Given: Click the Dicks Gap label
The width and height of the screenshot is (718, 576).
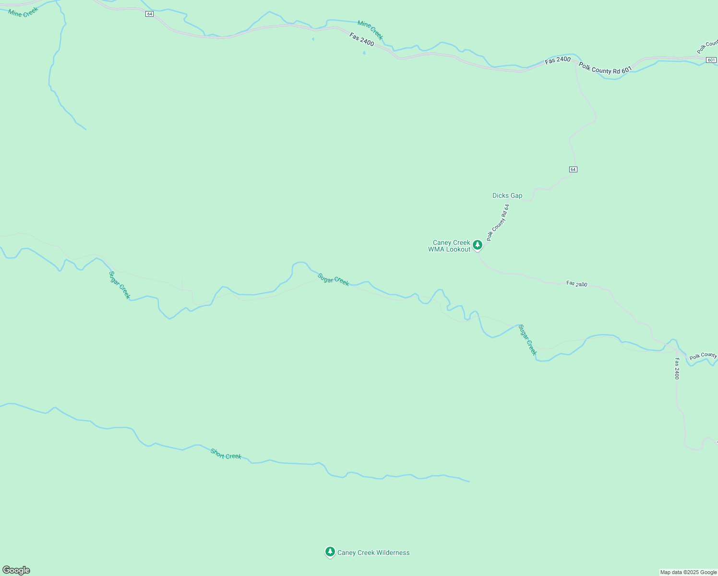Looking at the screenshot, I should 507,195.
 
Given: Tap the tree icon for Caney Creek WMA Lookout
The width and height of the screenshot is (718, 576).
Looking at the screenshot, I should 477,245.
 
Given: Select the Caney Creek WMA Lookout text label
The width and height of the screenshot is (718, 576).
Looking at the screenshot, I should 450,246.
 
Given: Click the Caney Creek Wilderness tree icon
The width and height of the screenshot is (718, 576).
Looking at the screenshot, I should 330,552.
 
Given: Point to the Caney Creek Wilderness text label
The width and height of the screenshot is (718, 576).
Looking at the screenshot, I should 373,552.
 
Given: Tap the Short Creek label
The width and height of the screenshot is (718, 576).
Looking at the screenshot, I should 226,454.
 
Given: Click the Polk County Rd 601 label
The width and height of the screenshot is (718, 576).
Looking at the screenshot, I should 605,68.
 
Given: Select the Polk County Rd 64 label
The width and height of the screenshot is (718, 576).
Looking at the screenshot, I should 498,222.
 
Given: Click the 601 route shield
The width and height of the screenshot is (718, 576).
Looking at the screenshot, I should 711,60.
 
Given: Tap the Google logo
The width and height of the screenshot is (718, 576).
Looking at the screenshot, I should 16,570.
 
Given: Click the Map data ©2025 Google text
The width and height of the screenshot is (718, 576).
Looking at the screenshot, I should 688,572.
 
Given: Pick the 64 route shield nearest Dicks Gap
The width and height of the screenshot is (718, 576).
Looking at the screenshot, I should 573,169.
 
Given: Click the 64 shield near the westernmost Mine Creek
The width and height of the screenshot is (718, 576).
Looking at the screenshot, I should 150,14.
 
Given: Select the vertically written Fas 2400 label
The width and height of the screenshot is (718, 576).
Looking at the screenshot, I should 677,369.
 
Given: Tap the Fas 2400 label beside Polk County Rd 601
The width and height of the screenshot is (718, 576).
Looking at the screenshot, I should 558,60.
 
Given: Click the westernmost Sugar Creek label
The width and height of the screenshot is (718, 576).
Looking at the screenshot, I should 119,285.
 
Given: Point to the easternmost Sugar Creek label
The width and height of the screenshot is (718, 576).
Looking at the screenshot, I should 527,340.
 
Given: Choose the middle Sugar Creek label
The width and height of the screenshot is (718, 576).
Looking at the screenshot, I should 333,279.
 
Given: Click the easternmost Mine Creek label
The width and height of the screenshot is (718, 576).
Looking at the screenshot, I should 370,30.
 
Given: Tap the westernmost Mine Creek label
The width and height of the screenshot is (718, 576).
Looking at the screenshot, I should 23,12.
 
